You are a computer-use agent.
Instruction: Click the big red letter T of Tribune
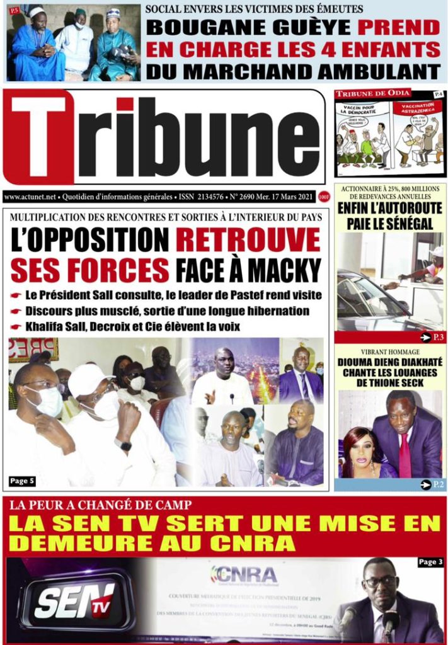(39, 137)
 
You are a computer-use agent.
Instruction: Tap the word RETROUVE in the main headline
(248, 240)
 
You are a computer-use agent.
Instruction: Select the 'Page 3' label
(430, 562)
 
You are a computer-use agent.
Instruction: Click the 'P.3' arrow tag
(432, 338)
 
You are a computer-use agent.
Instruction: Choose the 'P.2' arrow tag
(432, 484)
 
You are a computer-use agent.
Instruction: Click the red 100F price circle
(325, 197)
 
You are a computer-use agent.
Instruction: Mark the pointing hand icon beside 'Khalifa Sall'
(16, 327)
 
